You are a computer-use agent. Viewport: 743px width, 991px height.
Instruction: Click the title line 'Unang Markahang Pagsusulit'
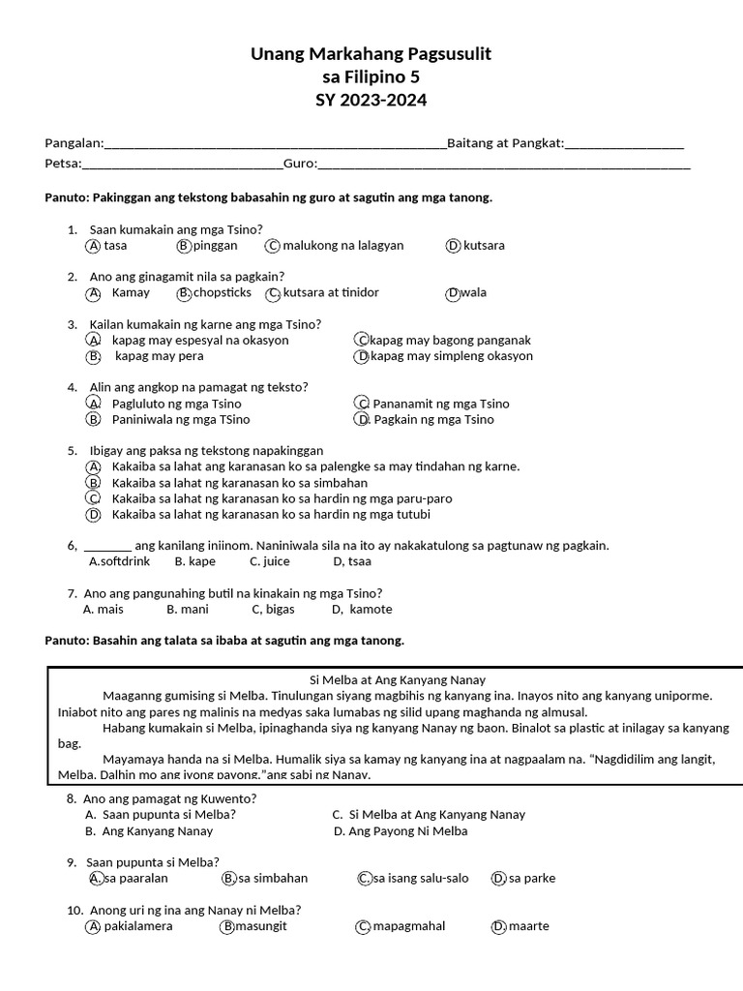point(371,55)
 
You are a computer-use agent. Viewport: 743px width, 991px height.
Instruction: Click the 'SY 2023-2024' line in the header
point(371,101)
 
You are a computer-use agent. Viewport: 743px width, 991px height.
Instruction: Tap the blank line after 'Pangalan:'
point(275,144)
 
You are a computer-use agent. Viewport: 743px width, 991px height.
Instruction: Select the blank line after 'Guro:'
point(504,165)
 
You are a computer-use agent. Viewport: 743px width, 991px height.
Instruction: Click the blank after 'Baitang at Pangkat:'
point(625,144)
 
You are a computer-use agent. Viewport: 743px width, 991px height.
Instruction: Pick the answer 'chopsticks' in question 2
point(222,292)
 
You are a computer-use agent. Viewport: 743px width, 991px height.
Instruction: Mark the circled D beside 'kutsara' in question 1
point(453,246)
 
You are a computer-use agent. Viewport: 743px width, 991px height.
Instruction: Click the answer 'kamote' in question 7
point(371,610)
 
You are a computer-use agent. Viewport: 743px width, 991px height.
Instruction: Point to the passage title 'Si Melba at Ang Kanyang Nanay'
point(390,679)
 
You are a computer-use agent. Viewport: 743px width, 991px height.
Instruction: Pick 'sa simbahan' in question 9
point(273,879)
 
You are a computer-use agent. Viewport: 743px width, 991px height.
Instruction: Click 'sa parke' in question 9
point(532,879)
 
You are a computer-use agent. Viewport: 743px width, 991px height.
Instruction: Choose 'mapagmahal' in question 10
point(409,926)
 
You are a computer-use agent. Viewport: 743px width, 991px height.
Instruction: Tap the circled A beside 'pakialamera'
point(94,926)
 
